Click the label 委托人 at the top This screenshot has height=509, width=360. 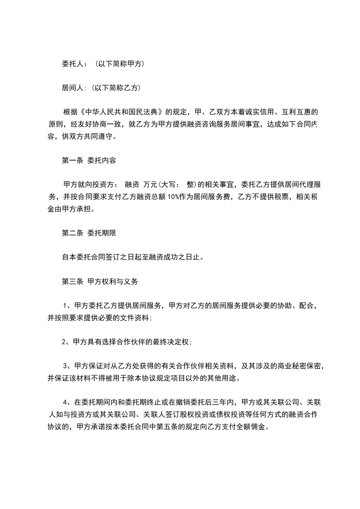point(72,64)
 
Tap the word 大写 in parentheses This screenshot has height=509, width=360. point(169,184)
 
